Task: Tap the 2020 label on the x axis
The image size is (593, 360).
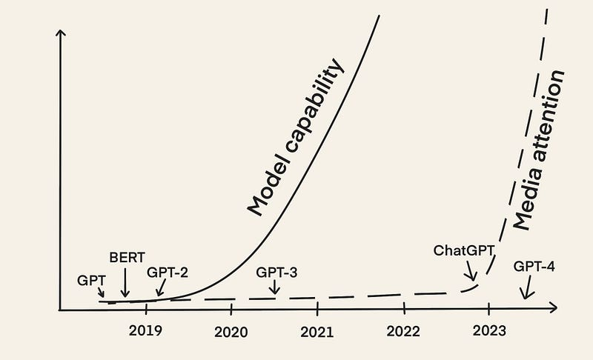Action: (231, 331)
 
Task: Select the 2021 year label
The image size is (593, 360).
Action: (317, 331)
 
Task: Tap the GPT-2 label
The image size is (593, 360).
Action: (167, 272)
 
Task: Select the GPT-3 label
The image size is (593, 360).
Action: (276, 271)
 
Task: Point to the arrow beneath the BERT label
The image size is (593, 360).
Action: (125, 282)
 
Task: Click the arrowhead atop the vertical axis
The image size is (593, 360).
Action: (61, 33)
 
